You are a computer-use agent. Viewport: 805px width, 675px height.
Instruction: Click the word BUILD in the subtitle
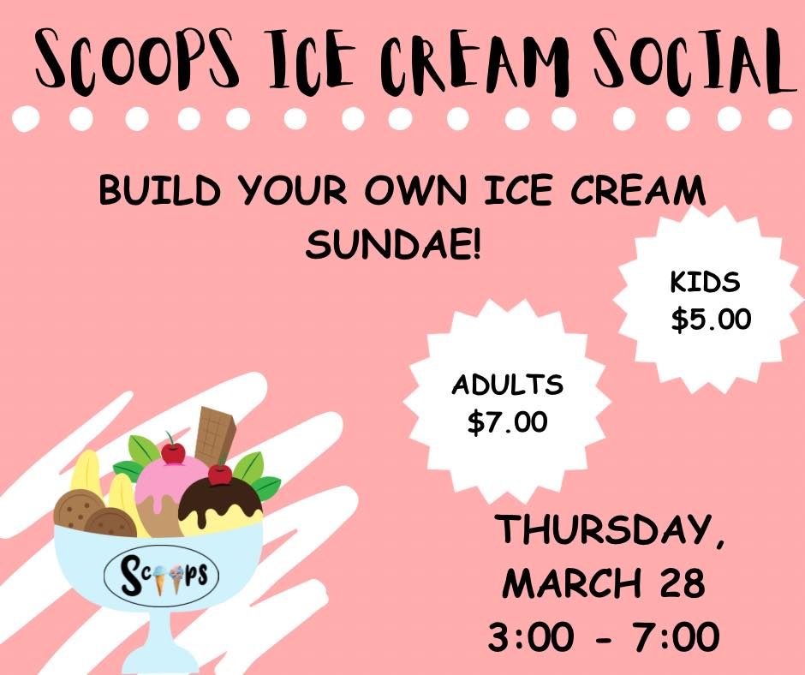159,190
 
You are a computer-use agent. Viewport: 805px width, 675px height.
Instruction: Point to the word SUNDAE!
394,244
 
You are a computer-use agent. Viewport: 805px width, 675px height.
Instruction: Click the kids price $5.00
711,319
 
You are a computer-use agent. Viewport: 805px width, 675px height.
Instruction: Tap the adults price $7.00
507,422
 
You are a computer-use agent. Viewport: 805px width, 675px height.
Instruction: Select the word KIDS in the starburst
705,282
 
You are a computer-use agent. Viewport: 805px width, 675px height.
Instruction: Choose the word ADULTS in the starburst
507,385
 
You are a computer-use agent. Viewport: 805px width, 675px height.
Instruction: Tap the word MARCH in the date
572,583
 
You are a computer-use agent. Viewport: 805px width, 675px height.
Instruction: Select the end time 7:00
677,637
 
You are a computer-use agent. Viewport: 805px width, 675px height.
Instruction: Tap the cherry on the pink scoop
173,452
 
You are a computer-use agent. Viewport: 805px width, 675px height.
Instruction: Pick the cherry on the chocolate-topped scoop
220,475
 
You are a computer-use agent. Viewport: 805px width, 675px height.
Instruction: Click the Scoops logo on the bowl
161,576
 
